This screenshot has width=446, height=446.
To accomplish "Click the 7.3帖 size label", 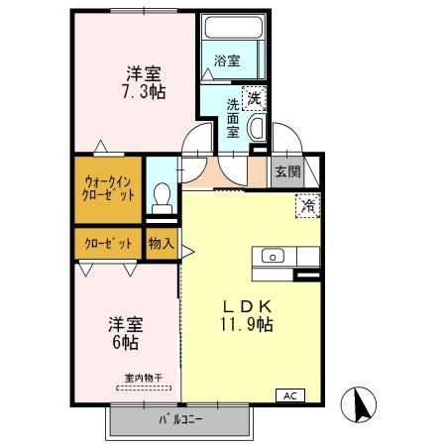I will [x=144, y=91].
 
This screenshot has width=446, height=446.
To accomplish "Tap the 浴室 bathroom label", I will [x=227, y=61].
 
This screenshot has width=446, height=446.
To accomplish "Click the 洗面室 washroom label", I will [x=233, y=117].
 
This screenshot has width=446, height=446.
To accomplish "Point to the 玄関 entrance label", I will [x=287, y=171].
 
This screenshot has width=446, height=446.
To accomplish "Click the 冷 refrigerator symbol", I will [x=308, y=207].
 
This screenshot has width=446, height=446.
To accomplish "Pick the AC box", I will [x=290, y=395].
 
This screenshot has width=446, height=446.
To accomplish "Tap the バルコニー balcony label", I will [x=179, y=420].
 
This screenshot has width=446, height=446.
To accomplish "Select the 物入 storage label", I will [x=161, y=243].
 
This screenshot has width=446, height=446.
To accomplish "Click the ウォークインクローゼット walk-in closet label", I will [x=108, y=187].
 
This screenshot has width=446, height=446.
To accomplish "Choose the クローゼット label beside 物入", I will [x=107, y=243].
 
